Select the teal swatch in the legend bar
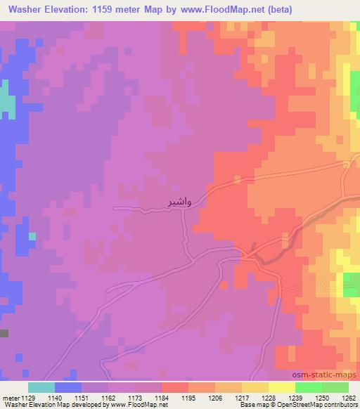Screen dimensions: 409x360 pos(41,387)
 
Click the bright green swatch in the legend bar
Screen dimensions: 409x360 pos(309,387)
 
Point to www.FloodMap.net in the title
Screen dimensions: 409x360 pos(217,9)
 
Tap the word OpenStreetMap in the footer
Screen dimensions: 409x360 pos(303,404)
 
